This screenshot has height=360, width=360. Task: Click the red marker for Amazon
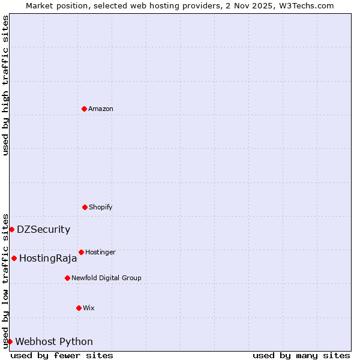(x=84, y=109)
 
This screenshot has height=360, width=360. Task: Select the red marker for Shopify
(x=85, y=207)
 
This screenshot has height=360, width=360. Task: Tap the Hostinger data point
(x=81, y=252)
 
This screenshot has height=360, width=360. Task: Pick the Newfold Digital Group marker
(x=67, y=278)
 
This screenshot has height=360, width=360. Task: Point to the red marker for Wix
(x=79, y=308)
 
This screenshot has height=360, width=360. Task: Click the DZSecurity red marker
(x=11, y=229)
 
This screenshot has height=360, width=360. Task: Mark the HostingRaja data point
(x=14, y=258)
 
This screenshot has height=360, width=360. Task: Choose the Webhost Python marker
(x=10, y=341)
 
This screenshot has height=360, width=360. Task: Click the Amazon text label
(x=101, y=109)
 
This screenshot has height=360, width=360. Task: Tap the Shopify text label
(x=101, y=207)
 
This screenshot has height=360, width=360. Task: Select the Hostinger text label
(x=100, y=252)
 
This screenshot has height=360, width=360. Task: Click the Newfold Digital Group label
(x=106, y=278)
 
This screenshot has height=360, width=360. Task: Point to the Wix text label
(x=89, y=308)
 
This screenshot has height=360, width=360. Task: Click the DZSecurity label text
(x=43, y=229)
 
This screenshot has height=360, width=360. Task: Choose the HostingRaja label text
(x=48, y=259)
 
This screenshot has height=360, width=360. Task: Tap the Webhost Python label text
(x=54, y=342)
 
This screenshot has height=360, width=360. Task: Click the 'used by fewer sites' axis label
(x=62, y=355)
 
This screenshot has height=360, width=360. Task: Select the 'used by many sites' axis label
(x=301, y=355)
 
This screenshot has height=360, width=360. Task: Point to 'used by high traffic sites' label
(x=5, y=85)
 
